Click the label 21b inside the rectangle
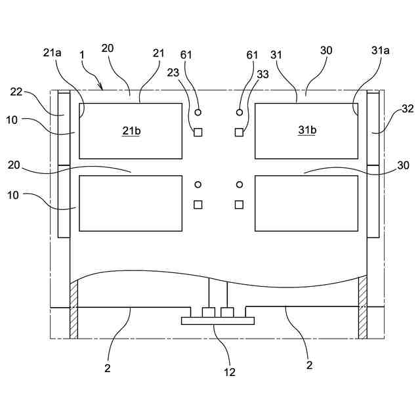pyautogui.click(x=131, y=131)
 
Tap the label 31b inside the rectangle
pyautogui.click(x=307, y=130)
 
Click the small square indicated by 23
pyautogui.click(x=198, y=133)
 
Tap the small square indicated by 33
pyautogui.click(x=239, y=133)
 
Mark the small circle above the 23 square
pyautogui.click(x=198, y=113)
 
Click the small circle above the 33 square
pyautogui.click(x=240, y=113)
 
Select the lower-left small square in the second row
pyautogui.click(x=198, y=205)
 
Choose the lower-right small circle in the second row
pyautogui.click(x=240, y=185)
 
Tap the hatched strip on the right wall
pyautogui.click(x=362, y=307)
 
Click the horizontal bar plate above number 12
pyautogui.click(x=217, y=322)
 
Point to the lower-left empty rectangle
pyautogui.click(x=131, y=203)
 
